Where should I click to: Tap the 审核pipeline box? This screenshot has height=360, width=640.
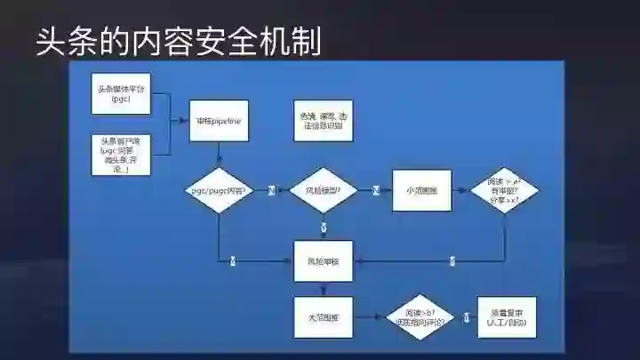[x=218, y=120]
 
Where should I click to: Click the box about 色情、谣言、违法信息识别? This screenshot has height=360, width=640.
[x=324, y=120]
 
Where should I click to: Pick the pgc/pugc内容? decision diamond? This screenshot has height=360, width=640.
[x=218, y=190]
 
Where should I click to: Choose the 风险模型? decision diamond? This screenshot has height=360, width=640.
[x=324, y=190]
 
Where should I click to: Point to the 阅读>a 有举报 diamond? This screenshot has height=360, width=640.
[x=503, y=190]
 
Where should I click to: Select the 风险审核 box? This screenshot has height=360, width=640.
[x=324, y=261]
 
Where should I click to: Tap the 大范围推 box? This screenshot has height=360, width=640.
[x=324, y=316]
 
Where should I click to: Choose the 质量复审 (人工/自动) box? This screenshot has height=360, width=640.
[x=508, y=316]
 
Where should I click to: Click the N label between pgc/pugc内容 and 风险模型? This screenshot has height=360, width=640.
[x=271, y=190]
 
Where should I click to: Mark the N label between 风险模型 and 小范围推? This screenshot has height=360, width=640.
[x=375, y=190]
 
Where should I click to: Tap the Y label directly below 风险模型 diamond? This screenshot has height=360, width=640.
[x=324, y=228]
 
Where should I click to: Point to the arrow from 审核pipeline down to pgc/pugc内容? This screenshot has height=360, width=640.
[x=218, y=155]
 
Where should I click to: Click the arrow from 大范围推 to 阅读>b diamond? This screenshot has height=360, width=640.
[x=369, y=316]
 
